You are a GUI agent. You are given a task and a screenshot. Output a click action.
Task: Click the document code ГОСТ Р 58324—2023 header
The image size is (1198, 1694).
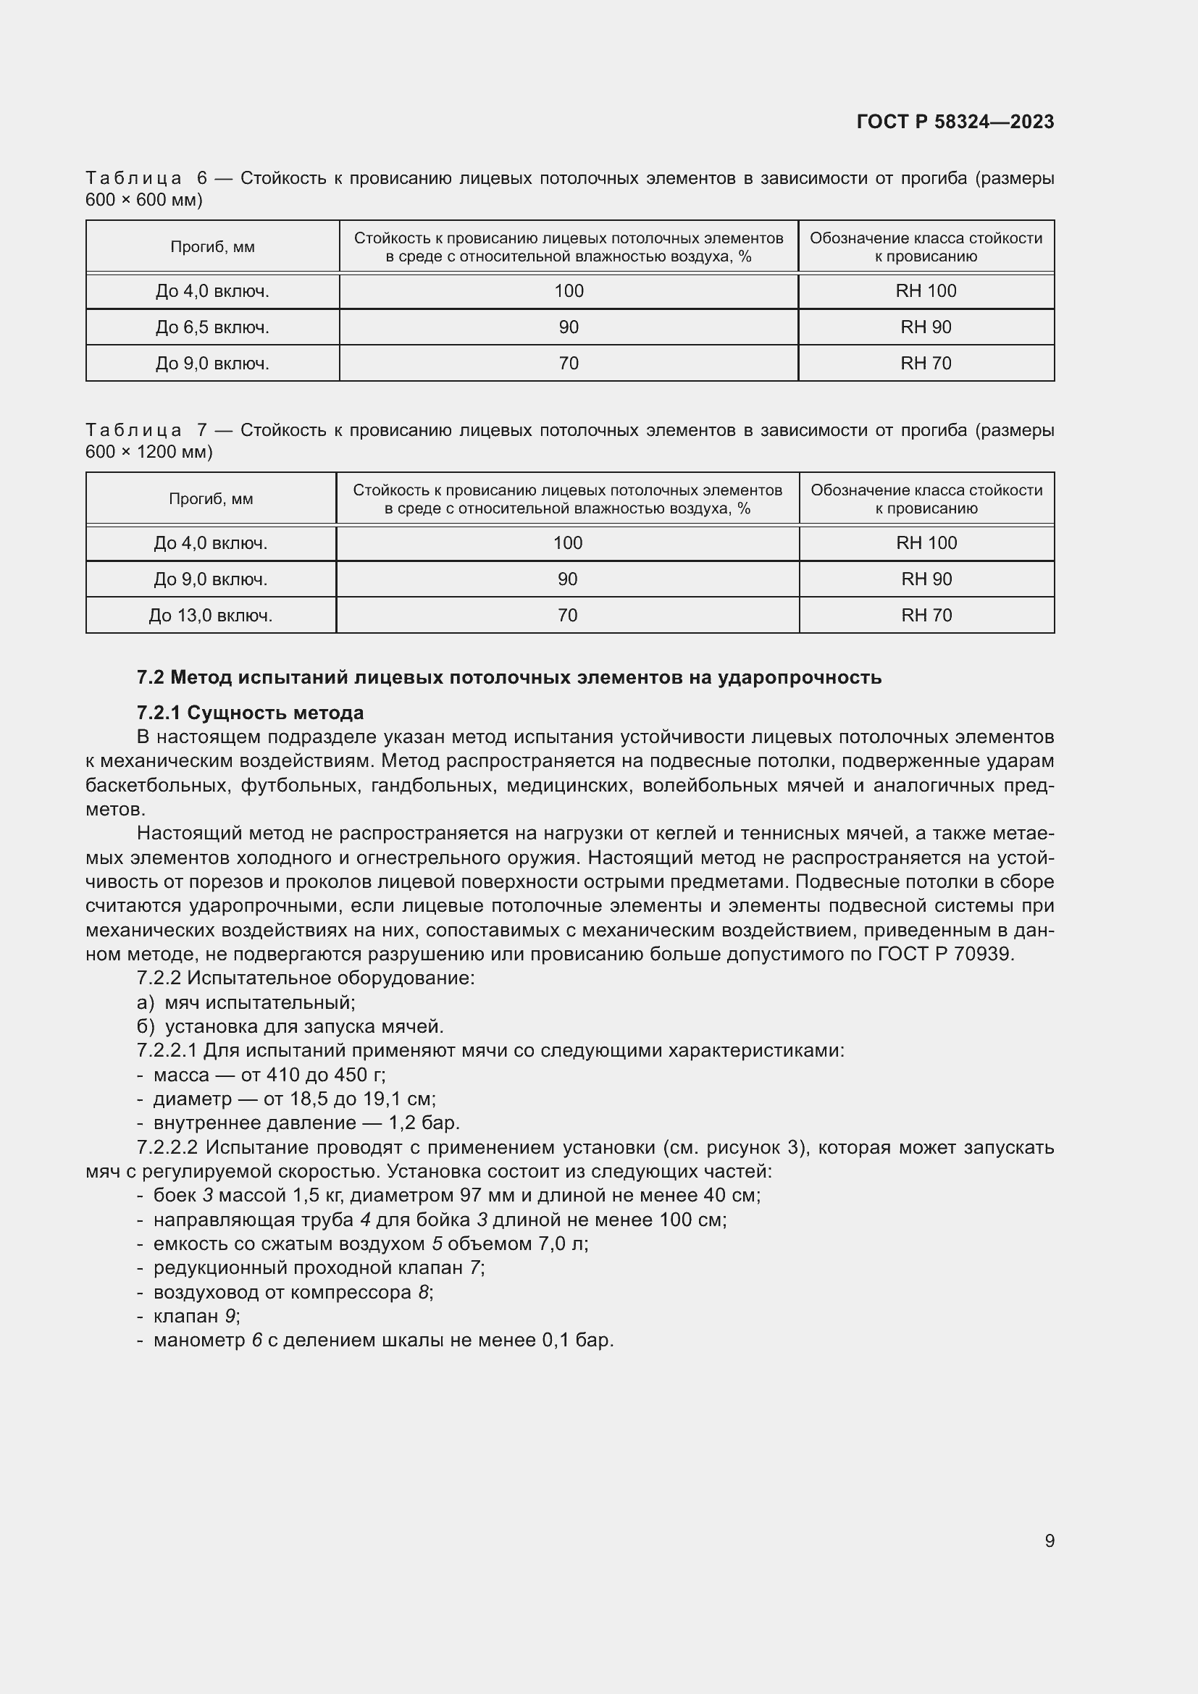955,122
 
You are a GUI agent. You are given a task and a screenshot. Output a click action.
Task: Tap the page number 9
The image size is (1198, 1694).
1049,1540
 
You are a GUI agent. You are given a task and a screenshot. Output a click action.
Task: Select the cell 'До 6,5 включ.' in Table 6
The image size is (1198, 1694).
212,327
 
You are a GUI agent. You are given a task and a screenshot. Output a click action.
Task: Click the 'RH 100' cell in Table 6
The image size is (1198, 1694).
926,290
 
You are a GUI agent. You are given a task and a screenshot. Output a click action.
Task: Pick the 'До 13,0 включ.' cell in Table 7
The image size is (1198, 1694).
211,616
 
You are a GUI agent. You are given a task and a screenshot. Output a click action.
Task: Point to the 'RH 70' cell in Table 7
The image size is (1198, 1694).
926,616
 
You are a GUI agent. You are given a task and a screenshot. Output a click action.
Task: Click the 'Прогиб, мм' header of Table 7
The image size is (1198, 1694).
211,499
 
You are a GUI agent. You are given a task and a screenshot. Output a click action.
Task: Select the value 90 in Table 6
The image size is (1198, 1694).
568,327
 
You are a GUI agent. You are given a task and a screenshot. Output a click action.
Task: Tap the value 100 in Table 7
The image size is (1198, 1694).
567,543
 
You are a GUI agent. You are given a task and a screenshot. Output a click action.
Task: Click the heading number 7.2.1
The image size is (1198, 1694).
159,713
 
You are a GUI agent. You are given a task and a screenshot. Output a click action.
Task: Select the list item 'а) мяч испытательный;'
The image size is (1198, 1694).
246,1002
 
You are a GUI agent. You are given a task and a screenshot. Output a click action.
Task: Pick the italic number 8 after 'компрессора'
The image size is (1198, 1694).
423,1292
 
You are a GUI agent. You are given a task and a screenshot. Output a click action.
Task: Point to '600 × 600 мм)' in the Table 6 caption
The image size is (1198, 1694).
144,200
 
